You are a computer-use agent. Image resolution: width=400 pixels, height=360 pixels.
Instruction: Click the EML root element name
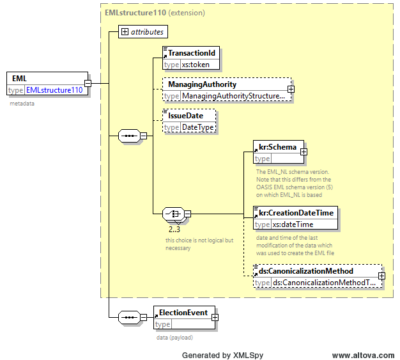click(19, 79)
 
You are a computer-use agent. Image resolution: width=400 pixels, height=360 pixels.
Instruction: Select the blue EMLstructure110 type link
click(54, 90)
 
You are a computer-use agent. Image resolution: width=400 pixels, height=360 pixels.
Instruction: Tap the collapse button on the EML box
click(88, 83)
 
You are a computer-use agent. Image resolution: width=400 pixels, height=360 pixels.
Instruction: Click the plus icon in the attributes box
click(125, 32)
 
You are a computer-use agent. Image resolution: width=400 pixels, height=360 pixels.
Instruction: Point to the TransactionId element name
click(192, 53)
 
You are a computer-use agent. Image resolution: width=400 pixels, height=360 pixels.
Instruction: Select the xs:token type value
click(196, 65)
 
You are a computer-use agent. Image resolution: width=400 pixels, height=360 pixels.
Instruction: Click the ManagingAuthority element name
click(203, 84)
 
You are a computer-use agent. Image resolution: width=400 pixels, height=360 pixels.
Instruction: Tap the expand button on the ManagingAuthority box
click(291, 89)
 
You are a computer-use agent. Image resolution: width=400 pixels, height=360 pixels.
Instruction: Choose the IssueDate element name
click(186, 116)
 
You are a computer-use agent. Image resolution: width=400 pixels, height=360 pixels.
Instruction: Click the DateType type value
click(197, 127)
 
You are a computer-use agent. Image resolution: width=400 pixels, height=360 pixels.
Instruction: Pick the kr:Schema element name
click(277, 147)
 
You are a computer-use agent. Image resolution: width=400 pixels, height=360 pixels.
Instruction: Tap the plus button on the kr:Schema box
click(304, 152)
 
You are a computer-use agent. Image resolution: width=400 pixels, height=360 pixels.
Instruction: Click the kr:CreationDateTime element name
click(296, 213)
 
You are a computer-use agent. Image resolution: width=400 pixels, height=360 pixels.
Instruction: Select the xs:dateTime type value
click(293, 224)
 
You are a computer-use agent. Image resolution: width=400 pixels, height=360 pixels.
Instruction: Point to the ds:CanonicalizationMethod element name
click(306, 271)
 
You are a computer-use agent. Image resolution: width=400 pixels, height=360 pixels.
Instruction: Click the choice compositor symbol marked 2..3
click(173, 214)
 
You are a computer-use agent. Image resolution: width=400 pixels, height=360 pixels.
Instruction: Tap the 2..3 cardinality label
click(174, 230)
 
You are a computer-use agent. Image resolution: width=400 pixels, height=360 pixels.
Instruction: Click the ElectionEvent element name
click(183, 313)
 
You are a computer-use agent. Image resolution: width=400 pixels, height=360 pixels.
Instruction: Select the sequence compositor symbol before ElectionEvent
click(129, 317)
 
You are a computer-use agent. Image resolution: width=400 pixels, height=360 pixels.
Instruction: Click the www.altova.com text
click(363, 355)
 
